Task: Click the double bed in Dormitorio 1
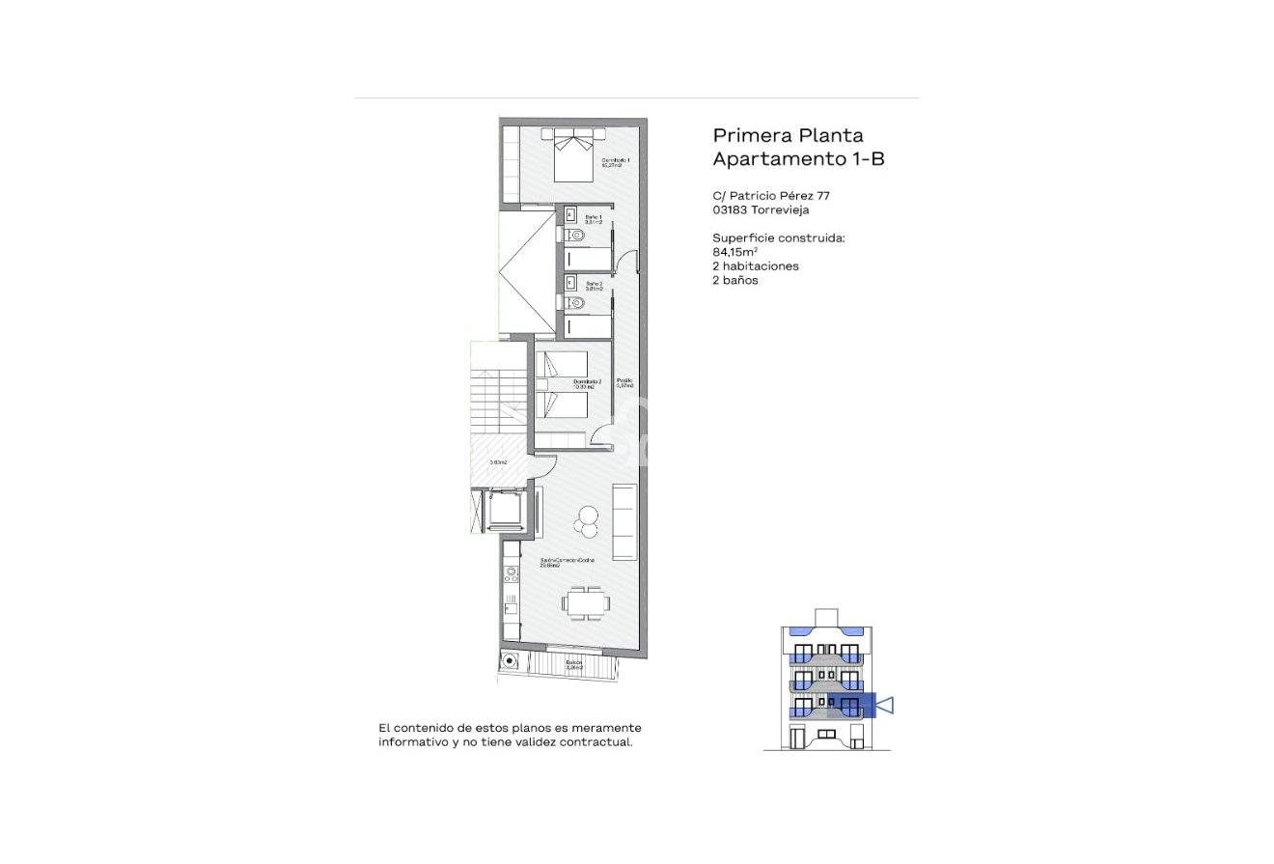(572, 155)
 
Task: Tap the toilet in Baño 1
(576, 235)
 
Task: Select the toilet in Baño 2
(576, 303)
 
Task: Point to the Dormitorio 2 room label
(587, 383)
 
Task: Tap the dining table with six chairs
(586, 603)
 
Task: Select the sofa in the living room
(624, 522)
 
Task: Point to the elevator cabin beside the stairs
(503, 510)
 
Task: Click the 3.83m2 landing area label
(498, 462)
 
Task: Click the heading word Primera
(748, 136)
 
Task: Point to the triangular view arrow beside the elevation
(886, 706)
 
